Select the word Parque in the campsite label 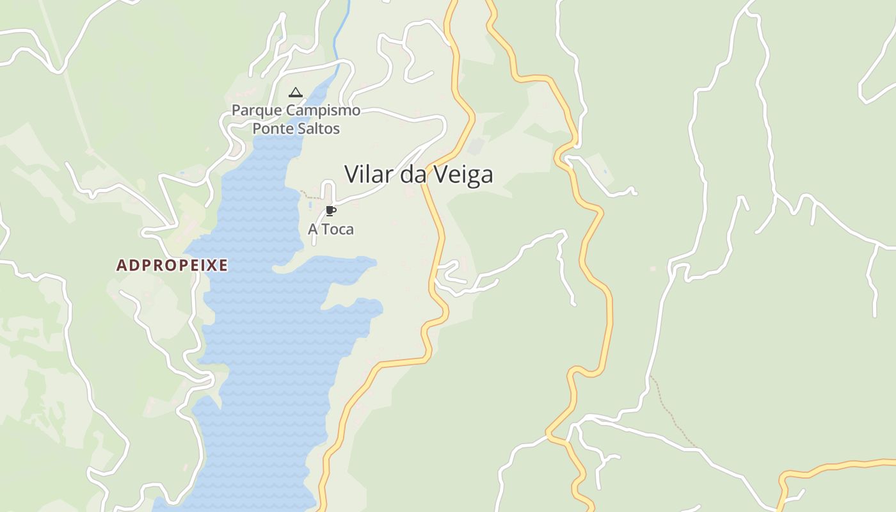click(x=256, y=111)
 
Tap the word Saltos click(x=317, y=129)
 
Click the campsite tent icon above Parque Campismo click(x=295, y=93)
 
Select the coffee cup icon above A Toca click(x=330, y=211)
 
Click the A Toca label click(x=331, y=229)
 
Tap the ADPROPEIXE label click(x=172, y=265)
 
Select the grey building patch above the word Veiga click(x=476, y=147)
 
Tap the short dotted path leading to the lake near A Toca click(x=311, y=194)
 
